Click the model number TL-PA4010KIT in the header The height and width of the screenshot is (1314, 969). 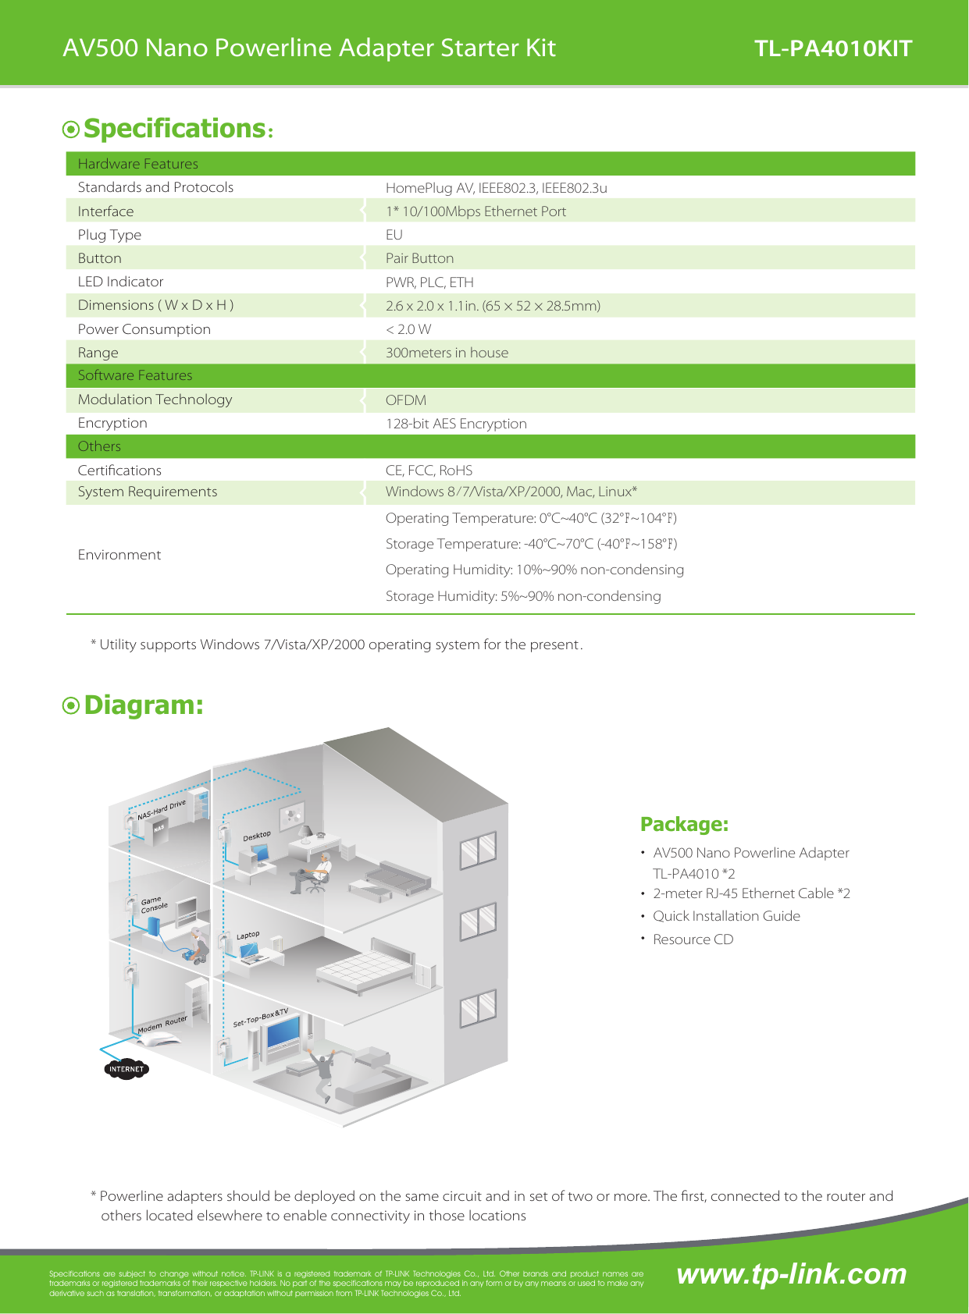point(832,48)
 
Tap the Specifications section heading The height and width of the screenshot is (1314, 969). point(174,129)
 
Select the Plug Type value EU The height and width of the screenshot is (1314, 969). point(394,235)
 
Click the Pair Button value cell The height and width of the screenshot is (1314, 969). point(419,258)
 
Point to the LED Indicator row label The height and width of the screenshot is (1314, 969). point(120,282)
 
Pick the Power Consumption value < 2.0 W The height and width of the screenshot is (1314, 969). point(408,329)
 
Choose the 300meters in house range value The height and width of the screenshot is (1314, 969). point(447,353)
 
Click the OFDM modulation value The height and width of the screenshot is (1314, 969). point(406,400)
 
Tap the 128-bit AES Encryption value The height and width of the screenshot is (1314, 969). point(456,424)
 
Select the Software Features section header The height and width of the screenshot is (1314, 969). point(135,375)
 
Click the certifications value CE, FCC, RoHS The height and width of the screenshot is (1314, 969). point(429,471)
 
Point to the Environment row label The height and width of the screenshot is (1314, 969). point(119,555)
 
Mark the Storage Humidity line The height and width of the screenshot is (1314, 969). point(523,596)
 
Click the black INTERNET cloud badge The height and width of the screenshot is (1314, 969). point(126,1069)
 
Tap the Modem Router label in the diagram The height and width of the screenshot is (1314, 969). point(162,1025)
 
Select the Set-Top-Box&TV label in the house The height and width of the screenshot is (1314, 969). point(261,1017)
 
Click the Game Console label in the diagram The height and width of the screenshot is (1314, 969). point(154,904)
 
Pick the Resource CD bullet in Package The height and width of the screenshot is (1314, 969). point(693,939)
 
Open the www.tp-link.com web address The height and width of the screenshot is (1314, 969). point(791,1274)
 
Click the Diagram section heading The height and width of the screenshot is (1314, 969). point(143,705)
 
